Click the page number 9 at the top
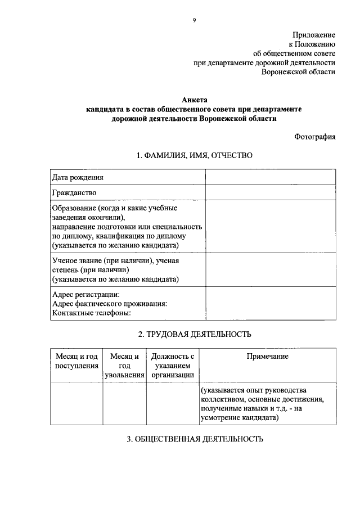[194, 20]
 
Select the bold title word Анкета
[194, 100]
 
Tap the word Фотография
[314, 137]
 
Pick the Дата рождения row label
[78, 178]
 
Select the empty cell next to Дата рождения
[270, 178]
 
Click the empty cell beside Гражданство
[270, 193]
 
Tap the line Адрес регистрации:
[85, 294]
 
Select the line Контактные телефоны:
[91, 313]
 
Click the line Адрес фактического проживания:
[109, 304]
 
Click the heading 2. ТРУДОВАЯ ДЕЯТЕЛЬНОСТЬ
[194, 334]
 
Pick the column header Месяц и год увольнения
[124, 366]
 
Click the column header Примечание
[267, 357]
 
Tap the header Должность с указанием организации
[172, 366]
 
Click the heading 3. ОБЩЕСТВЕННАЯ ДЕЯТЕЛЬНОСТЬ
[194, 439]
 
